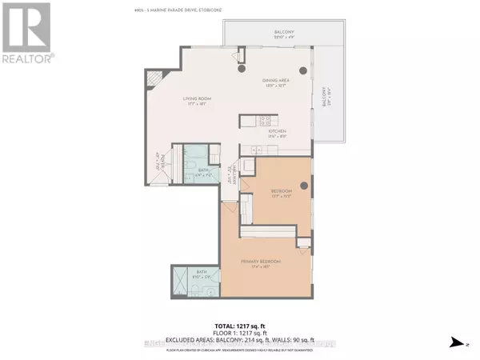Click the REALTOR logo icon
(x=26, y=27)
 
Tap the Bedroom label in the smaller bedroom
(x=281, y=192)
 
